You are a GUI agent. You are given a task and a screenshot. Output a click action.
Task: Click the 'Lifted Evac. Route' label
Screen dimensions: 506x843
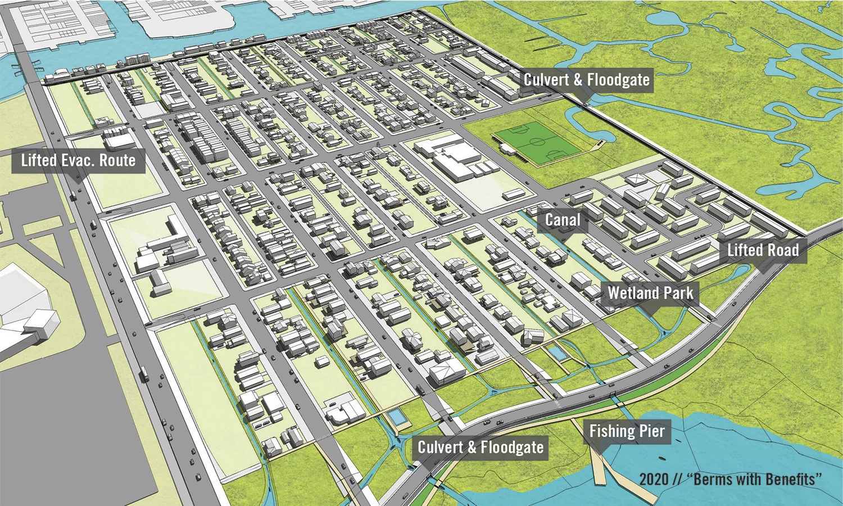tap(78, 161)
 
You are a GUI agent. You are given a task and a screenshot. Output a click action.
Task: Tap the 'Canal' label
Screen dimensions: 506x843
tap(563, 220)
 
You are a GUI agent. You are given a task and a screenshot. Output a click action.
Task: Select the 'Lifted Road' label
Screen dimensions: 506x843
tap(763, 250)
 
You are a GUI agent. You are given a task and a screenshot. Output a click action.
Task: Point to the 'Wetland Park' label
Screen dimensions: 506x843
tap(650, 293)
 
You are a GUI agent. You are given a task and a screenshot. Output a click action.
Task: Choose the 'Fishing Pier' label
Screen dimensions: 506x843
tap(627, 432)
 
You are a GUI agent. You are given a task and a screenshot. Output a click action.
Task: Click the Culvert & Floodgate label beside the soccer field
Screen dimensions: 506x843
tap(587, 80)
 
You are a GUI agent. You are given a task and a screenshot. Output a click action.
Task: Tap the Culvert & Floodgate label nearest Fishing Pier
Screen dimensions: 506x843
tap(481, 448)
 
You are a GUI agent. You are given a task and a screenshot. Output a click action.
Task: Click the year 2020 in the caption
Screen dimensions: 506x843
tap(654, 480)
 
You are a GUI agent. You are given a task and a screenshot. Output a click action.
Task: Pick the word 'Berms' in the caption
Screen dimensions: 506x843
tap(712, 480)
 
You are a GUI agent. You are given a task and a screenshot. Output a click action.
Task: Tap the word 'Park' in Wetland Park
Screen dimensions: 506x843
tap(678, 293)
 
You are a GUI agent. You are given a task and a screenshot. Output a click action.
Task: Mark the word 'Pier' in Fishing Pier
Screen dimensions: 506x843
tap(652, 432)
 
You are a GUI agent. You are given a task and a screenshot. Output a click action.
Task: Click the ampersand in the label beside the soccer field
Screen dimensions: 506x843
tap(578, 80)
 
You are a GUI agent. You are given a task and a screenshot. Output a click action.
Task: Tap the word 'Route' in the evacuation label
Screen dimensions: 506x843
tap(117, 161)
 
